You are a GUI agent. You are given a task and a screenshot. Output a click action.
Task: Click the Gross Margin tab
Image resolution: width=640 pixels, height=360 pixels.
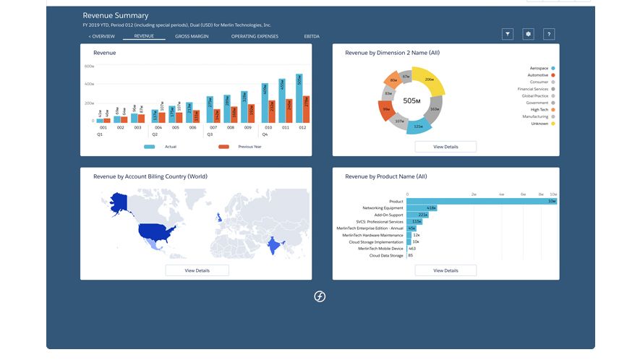click(x=192, y=35)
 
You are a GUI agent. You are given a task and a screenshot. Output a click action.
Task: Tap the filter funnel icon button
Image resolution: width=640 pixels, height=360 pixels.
click(x=508, y=34)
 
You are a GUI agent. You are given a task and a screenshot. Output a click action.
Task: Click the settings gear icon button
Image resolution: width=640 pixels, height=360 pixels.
click(x=529, y=34)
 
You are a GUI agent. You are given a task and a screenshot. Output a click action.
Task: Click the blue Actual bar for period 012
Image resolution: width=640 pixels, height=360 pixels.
click(x=299, y=98)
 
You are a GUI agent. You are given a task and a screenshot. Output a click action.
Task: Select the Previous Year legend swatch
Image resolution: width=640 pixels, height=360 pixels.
click(x=223, y=147)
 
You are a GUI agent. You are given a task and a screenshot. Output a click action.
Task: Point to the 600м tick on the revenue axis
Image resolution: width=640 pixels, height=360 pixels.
click(x=90, y=67)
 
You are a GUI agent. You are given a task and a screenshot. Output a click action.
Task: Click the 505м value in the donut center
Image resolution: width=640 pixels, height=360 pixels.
click(x=411, y=100)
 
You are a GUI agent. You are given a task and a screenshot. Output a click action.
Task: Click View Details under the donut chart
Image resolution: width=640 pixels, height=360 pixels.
click(x=445, y=147)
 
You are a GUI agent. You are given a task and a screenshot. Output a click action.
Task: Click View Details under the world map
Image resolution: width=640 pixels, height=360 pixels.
click(x=197, y=270)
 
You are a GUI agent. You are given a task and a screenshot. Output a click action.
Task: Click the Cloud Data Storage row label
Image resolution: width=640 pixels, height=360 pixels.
click(x=386, y=255)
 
